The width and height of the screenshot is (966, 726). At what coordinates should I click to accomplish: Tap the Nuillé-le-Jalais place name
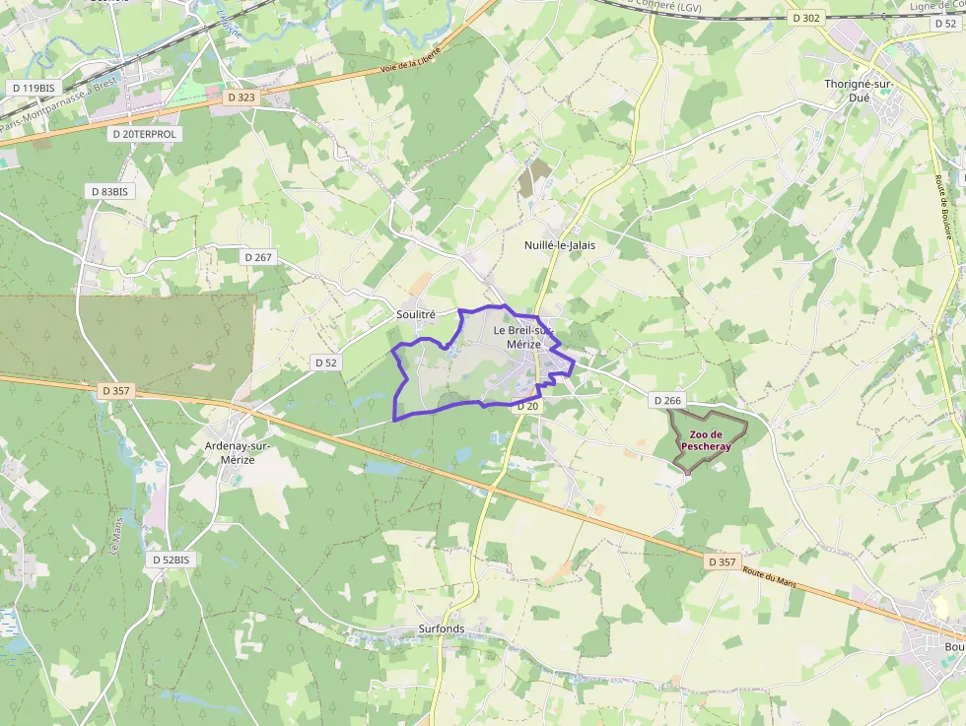560,244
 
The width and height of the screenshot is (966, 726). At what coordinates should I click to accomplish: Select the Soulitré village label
415,314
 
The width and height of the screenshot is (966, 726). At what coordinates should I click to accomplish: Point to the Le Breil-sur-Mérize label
523,337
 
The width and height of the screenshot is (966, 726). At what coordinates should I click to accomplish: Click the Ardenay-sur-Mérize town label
238,452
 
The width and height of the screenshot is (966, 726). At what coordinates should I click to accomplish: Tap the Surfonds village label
441,628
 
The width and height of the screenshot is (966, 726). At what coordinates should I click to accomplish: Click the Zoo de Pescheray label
706,440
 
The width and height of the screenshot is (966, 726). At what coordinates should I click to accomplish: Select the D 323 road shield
241,98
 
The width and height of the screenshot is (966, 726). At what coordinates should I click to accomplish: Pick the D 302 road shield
805,18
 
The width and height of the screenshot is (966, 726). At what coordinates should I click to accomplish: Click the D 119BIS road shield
34,88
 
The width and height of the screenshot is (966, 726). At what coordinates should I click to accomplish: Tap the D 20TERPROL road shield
144,133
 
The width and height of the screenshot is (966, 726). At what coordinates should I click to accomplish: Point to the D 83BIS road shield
108,191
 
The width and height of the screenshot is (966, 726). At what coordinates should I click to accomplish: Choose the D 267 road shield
257,256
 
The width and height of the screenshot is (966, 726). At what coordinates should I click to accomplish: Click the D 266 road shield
666,401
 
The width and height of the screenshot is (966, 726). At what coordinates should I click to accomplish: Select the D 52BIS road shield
170,560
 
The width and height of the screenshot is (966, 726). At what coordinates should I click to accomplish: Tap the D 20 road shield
527,406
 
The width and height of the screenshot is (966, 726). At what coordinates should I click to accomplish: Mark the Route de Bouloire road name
949,208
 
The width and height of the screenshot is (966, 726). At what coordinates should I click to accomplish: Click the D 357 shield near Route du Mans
722,561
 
